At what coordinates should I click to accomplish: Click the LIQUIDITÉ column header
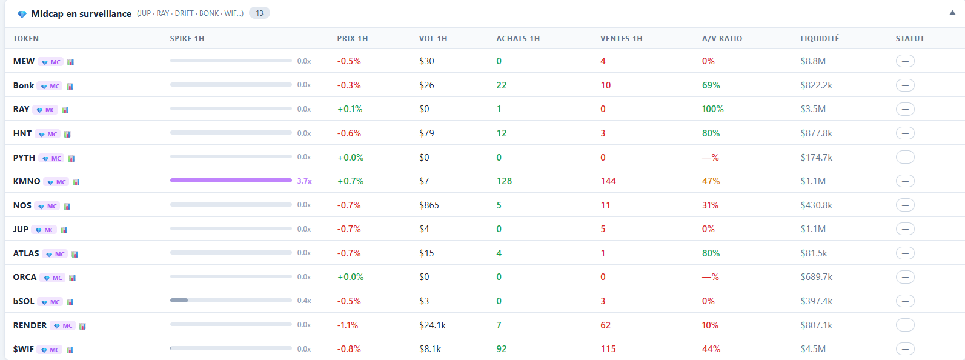click(819, 38)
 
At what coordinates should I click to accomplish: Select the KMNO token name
click(27, 181)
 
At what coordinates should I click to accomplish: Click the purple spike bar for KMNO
click(231, 181)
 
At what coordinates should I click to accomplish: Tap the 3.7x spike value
click(304, 181)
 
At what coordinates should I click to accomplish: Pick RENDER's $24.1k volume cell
click(432, 325)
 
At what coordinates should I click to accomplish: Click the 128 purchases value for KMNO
click(504, 181)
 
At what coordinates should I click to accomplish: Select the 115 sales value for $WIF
click(608, 349)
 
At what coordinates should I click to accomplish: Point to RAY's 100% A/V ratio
click(712, 109)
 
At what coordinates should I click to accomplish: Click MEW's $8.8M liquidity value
click(812, 61)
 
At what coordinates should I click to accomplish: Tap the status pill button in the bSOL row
click(905, 301)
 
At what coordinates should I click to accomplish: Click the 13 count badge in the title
click(259, 13)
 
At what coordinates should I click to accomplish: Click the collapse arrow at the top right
click(952, 13)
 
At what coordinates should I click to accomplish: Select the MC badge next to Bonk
click(51, 86)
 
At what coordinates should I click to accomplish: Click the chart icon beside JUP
click(64, 230)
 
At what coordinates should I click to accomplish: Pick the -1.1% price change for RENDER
click(348, 325)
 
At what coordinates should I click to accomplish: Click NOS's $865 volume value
click(429, 205)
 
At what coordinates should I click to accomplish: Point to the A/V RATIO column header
click(721, 38)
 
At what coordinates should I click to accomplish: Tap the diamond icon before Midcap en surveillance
click(22, 14)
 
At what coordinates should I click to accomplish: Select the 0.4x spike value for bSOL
click(304, 301)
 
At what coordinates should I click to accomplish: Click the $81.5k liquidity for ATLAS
click(814, 253)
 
